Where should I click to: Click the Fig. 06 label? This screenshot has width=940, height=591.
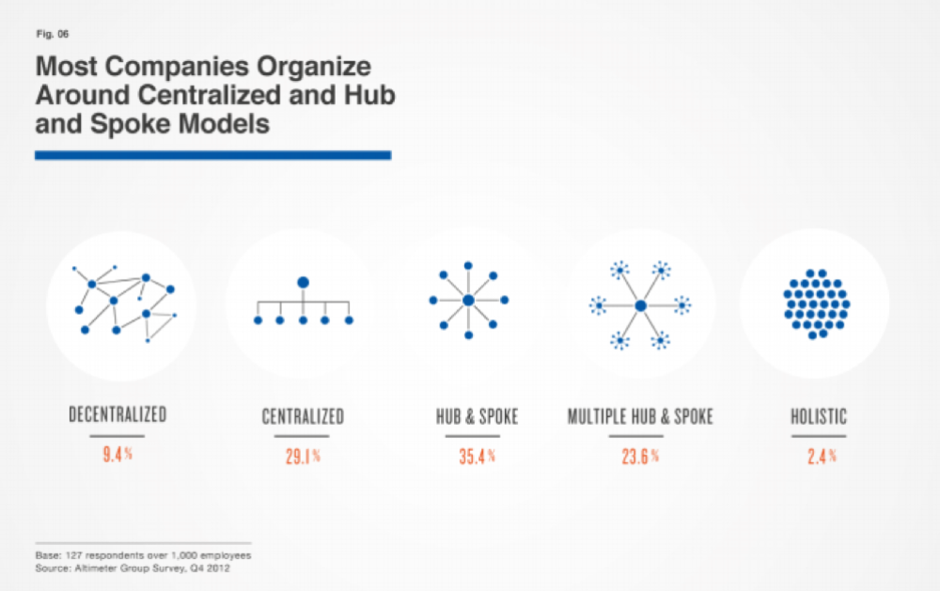coord(53,34)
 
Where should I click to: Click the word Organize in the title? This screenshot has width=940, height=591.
coord(314,67)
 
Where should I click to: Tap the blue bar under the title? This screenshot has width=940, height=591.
coord(212,155)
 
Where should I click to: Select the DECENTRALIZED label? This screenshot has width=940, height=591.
coord(117,414)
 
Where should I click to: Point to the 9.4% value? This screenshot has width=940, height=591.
coord(117,454)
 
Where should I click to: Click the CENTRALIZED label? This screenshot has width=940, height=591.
coord(303,416)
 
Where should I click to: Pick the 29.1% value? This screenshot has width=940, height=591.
coord(303,456)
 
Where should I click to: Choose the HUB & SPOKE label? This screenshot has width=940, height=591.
coord(478,416)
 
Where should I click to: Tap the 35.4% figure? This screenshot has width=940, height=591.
coord(478,456)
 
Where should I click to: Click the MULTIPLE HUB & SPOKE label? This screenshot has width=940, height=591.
coord(640,416)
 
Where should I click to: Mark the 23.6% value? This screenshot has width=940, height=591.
coord(640,456)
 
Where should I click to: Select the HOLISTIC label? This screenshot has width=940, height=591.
coord(819,416)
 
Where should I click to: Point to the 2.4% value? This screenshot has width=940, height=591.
coord(822,456)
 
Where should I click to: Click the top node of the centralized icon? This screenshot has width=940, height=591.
coord(304,282)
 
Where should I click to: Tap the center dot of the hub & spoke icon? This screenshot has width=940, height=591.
coord(469,301)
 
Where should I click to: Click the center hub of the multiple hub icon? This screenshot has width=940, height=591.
coord(641,305)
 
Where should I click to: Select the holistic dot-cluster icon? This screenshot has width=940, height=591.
coord(817,303)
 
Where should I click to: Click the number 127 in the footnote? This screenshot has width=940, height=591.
coord(73,555)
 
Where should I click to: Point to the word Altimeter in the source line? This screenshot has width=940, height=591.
coord(95,568)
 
